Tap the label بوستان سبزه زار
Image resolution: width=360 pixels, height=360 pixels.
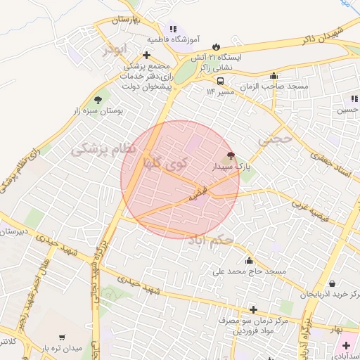click(99, 110)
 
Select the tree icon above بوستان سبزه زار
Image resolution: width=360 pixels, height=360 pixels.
click(97, 99)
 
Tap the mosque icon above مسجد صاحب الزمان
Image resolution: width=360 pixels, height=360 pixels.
click(273, 76)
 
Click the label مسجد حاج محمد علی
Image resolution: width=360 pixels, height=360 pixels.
click(251, 270)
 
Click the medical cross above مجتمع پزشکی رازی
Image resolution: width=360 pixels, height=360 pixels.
click(146, 54)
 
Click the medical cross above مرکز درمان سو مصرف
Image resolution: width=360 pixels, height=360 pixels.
click(253, 309)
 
